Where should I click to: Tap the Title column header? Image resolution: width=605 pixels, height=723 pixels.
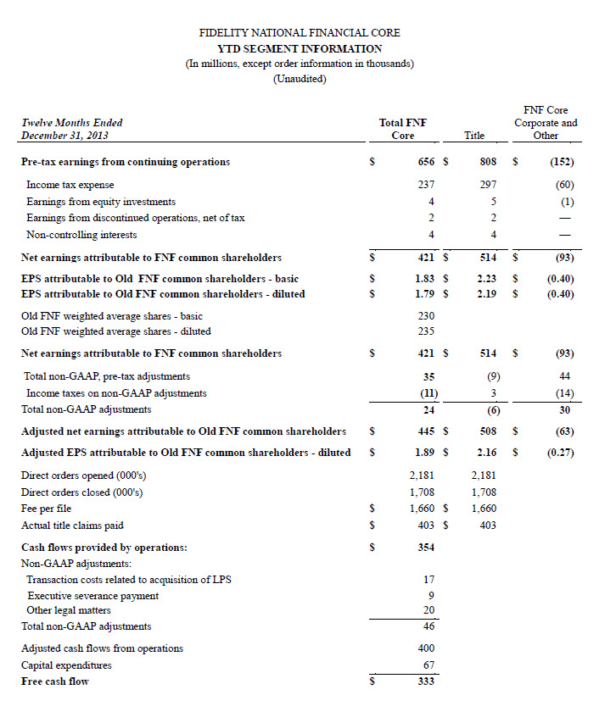click(474, 135)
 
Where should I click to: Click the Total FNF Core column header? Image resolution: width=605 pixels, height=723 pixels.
click(403, 129)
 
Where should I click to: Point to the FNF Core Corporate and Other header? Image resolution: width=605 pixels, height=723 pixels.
click(546, 122)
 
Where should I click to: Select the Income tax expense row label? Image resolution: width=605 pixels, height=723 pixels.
click(70, 184)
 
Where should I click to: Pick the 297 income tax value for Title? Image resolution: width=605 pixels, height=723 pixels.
click(487, 184)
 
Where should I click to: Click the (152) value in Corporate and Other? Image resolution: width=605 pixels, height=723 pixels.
click(560, 162)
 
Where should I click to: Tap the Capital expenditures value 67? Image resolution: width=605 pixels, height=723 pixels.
click(429, 665)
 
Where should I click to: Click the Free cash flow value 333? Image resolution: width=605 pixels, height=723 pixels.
click(425, 681)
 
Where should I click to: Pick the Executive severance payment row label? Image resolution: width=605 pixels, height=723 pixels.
click(92, 595)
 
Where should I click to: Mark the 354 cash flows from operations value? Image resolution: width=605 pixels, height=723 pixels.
click(425, 548)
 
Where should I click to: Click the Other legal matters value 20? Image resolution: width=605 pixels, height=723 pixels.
click(429, 610)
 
